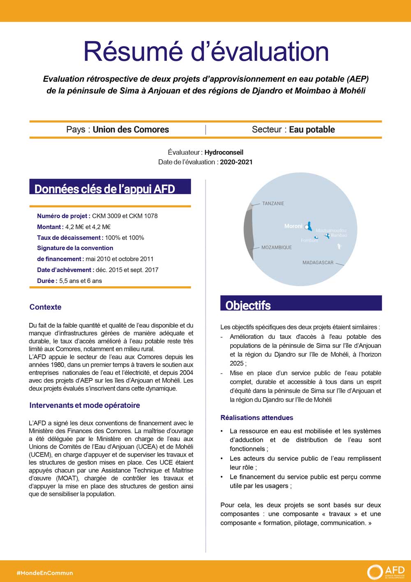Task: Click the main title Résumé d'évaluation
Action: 206,51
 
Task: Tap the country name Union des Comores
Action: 131,130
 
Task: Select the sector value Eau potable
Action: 312,130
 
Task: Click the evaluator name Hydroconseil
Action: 224,152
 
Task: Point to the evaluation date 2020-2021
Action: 236,162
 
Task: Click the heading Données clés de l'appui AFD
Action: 105,189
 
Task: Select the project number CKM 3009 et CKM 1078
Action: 125,216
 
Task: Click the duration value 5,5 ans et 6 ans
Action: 81,281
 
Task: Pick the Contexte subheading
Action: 45,307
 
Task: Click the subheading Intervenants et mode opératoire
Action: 85,406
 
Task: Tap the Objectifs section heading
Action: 248,305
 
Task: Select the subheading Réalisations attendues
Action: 257,418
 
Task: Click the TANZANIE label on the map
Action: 273,204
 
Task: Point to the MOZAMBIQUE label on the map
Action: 277,248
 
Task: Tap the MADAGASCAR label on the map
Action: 318,263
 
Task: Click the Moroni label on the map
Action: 293,226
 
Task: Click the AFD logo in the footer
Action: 386,572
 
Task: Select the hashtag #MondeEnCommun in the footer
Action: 45,573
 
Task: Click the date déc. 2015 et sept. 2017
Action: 127,270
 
